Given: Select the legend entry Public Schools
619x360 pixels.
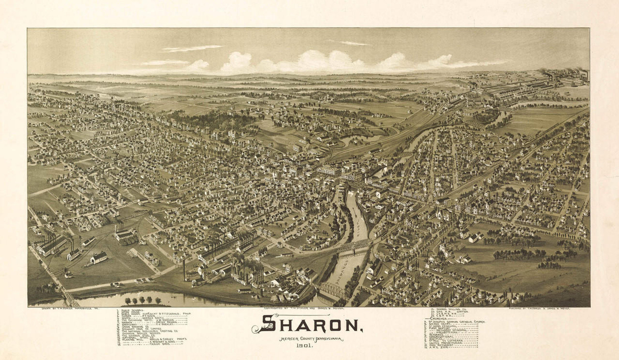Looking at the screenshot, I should pyautogui.click(x=130, y=310).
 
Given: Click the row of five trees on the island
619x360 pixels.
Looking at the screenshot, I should pyautogui.click(x=143, y=300).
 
